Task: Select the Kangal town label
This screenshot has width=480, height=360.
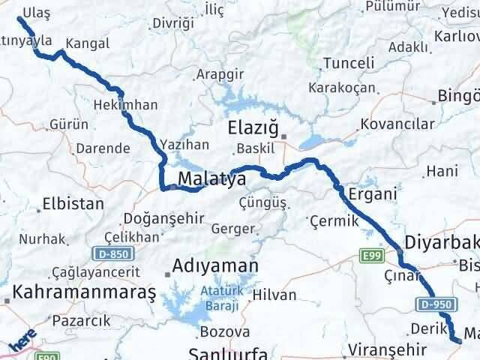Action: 87,44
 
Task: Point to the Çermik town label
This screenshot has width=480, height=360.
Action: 330,220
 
